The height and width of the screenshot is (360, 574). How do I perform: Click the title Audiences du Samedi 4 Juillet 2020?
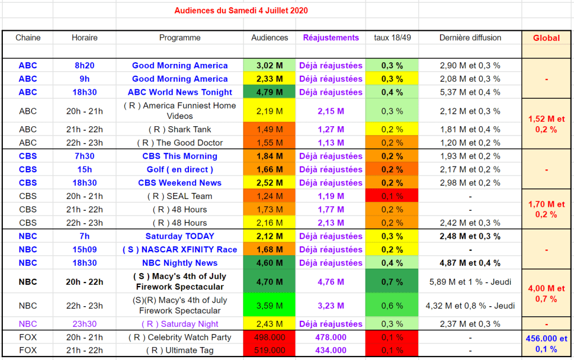[240, 11]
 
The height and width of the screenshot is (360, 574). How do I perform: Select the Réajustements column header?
[331, 38]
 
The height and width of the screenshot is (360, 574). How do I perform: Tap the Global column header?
[546, 38]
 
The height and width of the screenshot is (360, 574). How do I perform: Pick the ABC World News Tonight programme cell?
[180, 93]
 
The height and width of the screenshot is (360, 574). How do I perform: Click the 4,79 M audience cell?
[269, 93]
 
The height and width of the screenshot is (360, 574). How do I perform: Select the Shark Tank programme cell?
[180, 130]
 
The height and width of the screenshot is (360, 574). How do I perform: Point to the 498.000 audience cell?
[269, 338]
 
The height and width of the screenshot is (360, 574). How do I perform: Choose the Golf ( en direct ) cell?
[180, 169]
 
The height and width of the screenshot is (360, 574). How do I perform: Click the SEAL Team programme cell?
[180, 196]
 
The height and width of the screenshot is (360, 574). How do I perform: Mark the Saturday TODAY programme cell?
[180, 236]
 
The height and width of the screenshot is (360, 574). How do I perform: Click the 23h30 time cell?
[85, 324]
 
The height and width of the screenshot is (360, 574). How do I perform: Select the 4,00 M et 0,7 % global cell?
[546, 293]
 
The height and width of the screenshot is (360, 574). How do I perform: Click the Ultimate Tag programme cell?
[180, 350]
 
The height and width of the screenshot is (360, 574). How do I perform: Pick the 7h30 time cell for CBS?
[85, 156]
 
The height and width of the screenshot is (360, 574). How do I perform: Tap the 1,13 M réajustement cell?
[331, 143]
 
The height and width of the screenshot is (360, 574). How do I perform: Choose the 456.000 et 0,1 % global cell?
[546, 344]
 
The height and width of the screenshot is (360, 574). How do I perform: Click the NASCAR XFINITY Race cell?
[180, 250]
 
